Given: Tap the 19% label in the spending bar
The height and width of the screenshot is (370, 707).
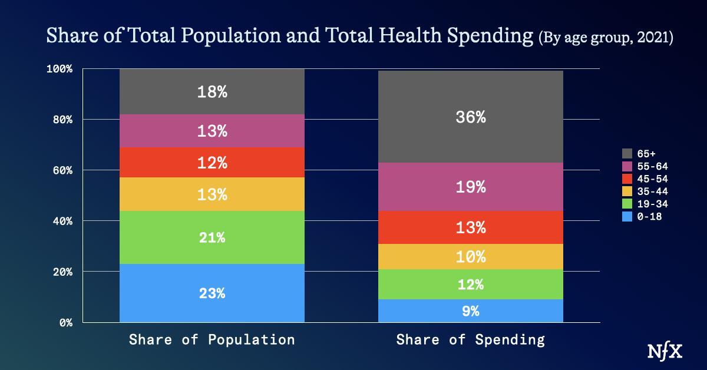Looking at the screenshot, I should (470, 187).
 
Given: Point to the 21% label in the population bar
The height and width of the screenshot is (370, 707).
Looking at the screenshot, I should (212, 238).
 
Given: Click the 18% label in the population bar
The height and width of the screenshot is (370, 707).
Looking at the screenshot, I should (212, 92).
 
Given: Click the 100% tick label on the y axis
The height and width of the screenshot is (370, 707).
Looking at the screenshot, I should (60, 69).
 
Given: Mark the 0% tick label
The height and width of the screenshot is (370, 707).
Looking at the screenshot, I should (65, 323).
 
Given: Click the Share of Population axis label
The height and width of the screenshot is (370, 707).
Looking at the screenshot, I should (212, 340).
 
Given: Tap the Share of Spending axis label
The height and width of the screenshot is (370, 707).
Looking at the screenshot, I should (470, 340).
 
